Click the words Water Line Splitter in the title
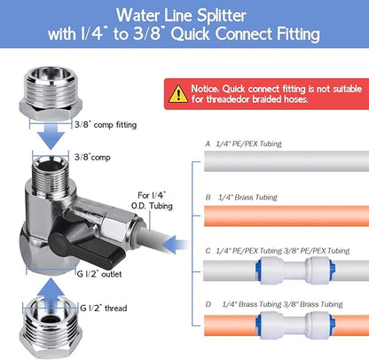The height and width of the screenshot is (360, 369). [184, 16]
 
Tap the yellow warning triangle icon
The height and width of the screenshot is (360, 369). [180, 92]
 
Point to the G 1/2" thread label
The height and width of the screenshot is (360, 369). [103, 308]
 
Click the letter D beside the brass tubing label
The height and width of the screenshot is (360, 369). [208, 305]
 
